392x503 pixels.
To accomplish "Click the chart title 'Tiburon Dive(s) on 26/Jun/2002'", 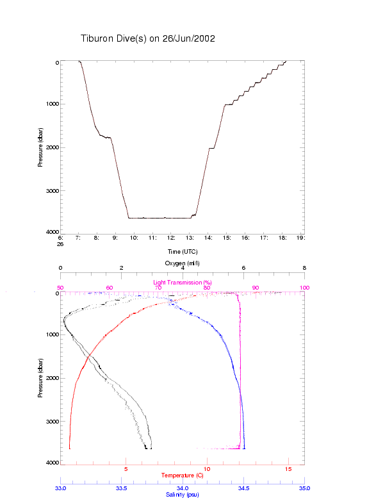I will (x=147, y=38).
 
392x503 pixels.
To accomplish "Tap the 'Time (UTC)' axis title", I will (x=182, y=252).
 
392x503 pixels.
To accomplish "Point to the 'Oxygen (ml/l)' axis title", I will (x=182, y=263).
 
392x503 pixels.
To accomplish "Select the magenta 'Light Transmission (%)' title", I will (x=182, y=282).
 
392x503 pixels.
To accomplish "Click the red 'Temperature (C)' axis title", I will (x=182, y=475).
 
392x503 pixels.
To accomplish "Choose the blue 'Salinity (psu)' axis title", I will (x=182, y=495).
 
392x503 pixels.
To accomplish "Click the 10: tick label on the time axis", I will (x=134, y=238).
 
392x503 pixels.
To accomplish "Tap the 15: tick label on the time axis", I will (x=227, y=238).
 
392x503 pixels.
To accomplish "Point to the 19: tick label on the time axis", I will (x=301, y=238).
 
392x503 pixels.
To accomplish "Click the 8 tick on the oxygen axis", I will (x=304, y=268).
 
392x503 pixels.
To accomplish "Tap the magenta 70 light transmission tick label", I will (x=158, y=288).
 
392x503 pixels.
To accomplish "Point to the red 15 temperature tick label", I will (x=288, y=470).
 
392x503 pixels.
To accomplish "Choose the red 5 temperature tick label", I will (x=126, y=470).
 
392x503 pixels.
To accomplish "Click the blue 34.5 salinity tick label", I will (x=243, y=488).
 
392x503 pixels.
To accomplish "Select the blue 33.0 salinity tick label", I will (x=61, y=488).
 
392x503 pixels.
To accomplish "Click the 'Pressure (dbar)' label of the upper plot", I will (x=40, y=147).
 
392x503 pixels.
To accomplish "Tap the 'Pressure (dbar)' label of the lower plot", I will (x=40, y=377).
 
